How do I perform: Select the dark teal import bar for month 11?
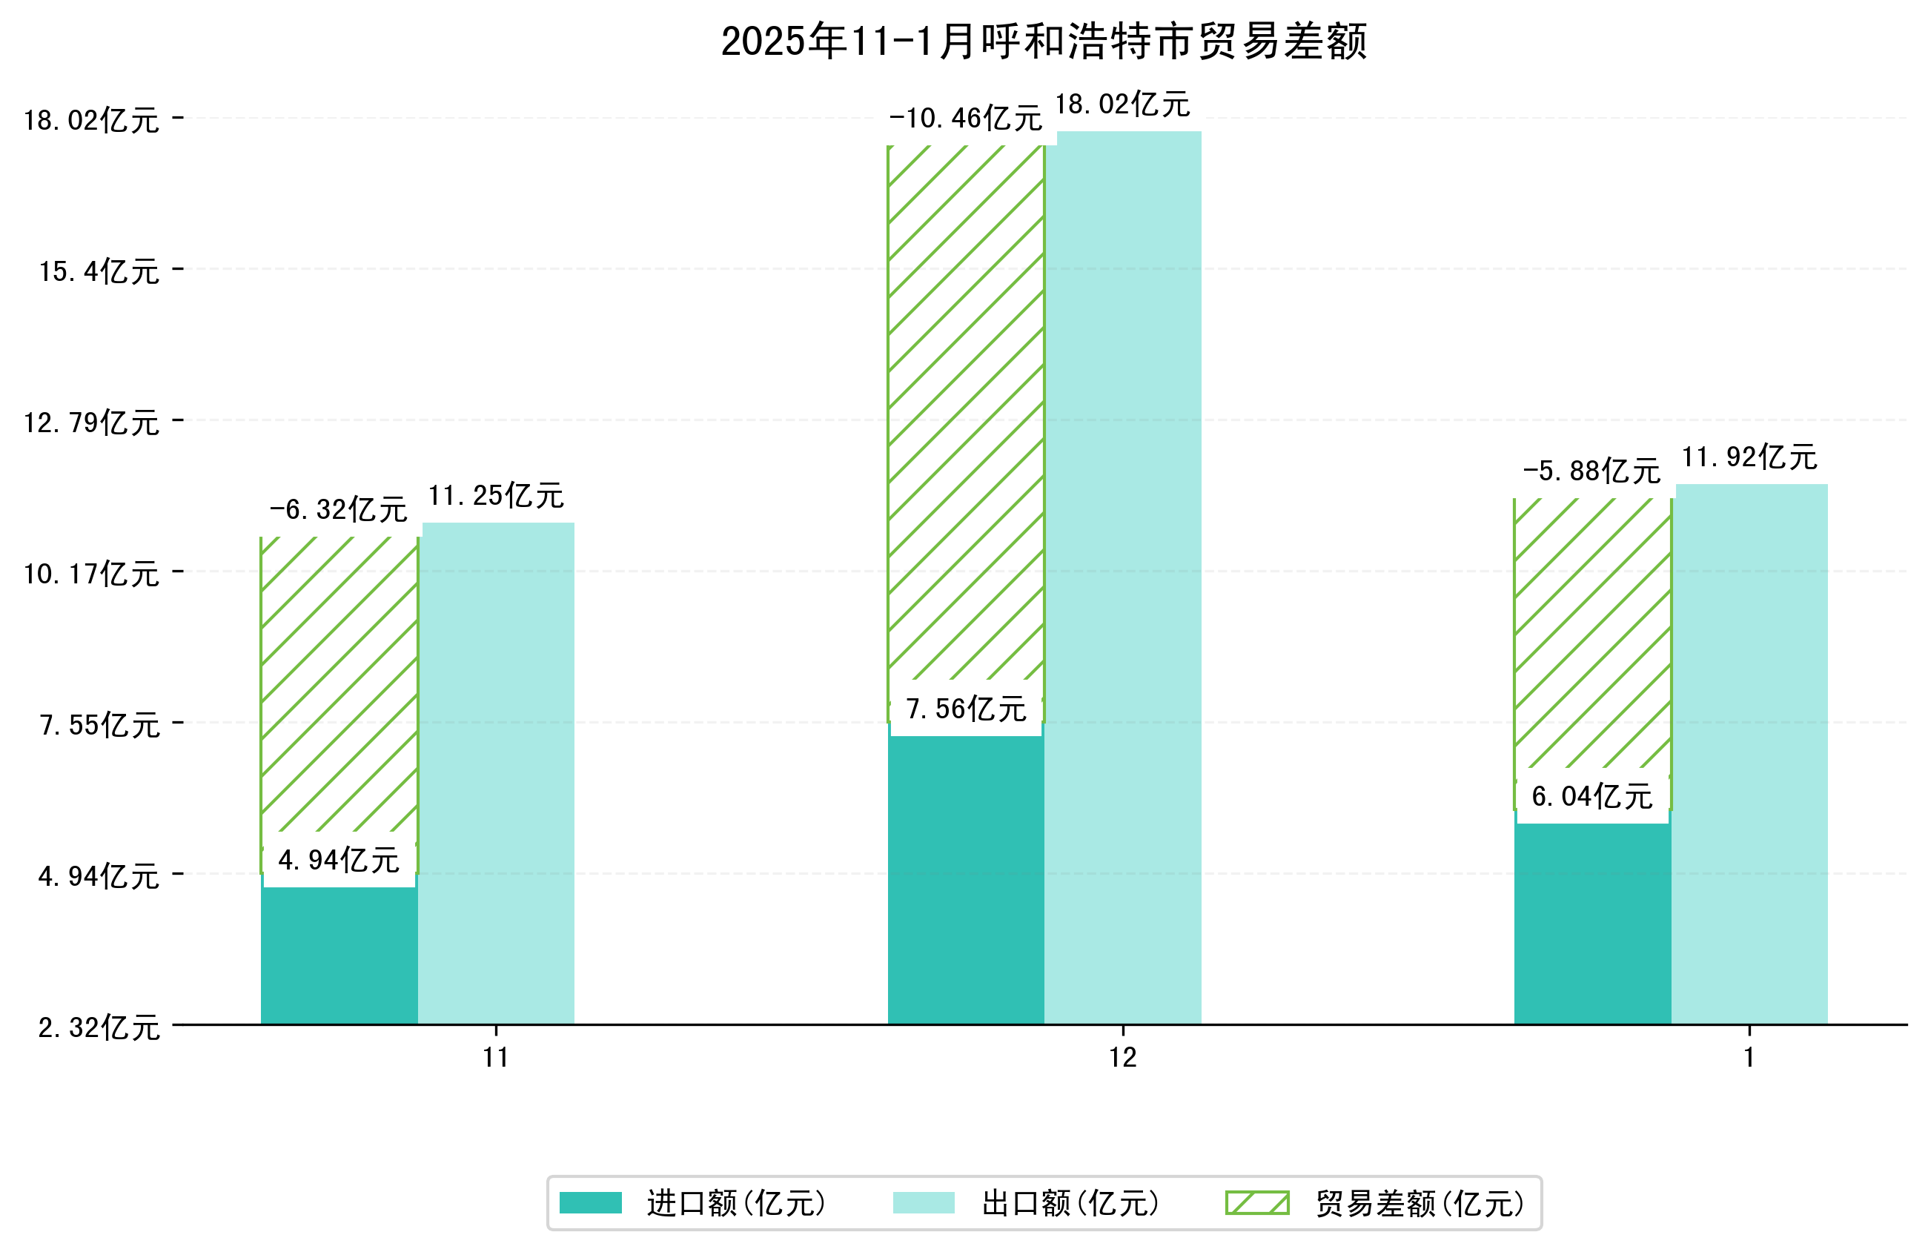(x=339, y=956)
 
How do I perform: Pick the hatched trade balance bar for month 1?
(x=1591, y=632)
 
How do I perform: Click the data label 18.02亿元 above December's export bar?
(x=1122, y=105)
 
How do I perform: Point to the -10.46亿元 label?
(x=965, y=119)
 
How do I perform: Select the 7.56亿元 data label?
(x=966, y=709)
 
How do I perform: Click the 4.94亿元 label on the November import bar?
(x=339, y=860)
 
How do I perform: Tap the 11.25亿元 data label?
(x=496, y=495)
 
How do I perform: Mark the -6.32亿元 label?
(x=338, y=509)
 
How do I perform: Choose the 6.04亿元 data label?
(x=1591, y=797)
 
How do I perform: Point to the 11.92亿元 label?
(x=1749, y=457)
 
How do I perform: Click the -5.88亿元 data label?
(x=1591, y=471)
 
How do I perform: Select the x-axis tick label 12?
(x=1122, y=1058)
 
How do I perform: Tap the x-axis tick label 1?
(x=1749, y=1058)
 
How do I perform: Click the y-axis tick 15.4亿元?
(x=99, y=271)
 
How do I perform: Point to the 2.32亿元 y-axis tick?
(x=99, y=1027)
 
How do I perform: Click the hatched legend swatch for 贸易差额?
(x=1256, y=1202)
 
